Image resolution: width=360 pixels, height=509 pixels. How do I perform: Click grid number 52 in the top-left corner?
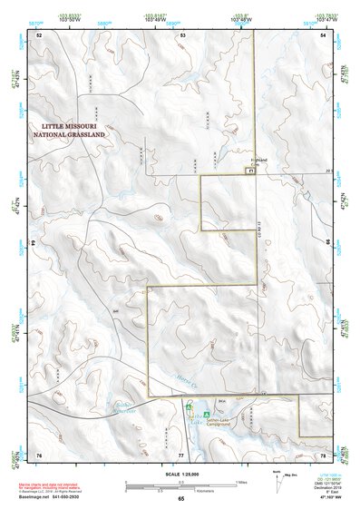39,34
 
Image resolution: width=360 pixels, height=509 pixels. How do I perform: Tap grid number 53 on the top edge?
182,34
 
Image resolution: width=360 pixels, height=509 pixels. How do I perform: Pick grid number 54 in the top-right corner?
324,34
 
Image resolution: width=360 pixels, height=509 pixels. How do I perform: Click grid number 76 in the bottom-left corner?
39,454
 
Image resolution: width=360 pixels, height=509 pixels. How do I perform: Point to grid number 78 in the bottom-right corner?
324,454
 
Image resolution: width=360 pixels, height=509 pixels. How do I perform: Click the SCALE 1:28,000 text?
180,475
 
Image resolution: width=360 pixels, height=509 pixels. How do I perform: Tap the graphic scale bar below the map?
180,484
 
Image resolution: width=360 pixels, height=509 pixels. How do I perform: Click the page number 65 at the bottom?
180,499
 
